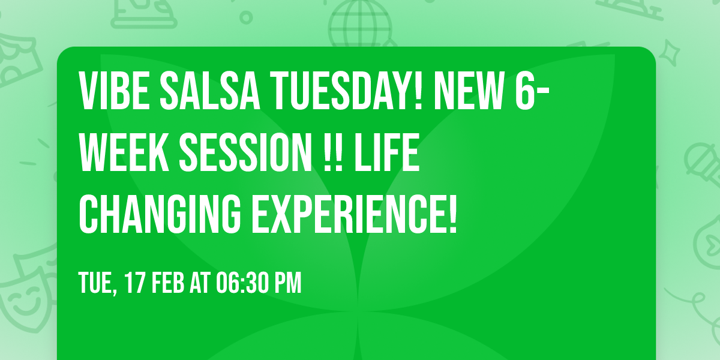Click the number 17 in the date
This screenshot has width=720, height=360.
(135, 283)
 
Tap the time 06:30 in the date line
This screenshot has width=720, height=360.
(242, 283)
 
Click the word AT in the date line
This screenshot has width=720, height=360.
(200, 283)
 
